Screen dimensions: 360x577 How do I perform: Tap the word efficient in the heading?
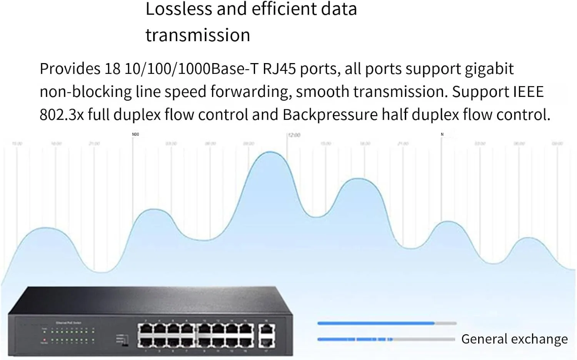pos(283,9)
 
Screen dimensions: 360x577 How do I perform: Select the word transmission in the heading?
pos(198,35)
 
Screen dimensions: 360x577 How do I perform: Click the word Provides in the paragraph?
pos(70,69)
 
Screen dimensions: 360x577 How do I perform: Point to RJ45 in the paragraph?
pos(279,69)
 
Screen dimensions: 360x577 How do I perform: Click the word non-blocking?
pos(86,92)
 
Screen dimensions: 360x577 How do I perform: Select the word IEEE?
pos(529,92)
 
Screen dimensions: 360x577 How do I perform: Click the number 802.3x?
pos(62,115)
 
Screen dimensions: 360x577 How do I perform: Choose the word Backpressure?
pos(330,115)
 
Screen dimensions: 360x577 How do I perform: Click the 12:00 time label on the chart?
pos(294,135)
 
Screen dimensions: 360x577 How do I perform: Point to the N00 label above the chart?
pos(135,134)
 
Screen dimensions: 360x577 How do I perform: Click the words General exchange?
pos(514,339)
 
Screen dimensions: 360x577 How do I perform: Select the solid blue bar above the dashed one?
pos(376,323)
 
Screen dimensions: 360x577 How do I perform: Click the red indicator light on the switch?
pos(45,340)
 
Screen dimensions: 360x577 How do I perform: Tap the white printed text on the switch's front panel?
pos(68,323)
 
